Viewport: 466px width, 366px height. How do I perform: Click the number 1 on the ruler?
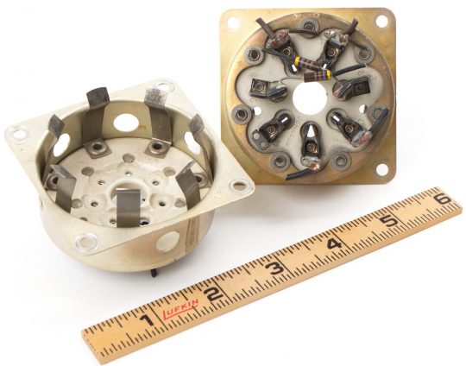[x=147, y=320]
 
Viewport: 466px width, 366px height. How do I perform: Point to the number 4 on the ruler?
[x=335, y=244]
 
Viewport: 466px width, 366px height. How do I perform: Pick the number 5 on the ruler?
[x=390, y=221]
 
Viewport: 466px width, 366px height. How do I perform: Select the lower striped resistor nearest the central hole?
[x=318, y=75]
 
